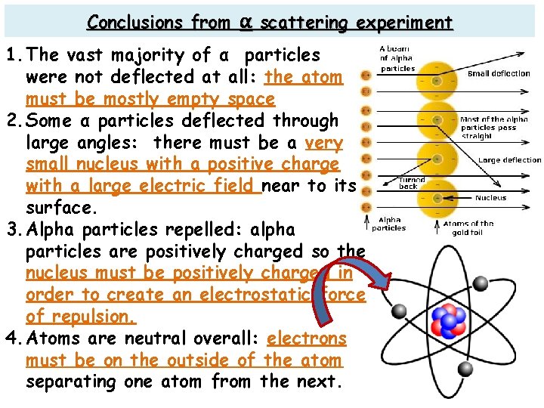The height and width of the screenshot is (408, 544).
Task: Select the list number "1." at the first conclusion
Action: pyautogui.click(x=13, y=55)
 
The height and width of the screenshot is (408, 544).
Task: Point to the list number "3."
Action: pyautogui.click(x=13, y=230)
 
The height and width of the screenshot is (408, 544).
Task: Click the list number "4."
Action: pyautogui.click(x=13, y=338)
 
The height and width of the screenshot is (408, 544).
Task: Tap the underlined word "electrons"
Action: pyautogui.click(x=306, y=338)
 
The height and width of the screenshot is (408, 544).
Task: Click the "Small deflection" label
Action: pyautogui.click(x=499, y=74)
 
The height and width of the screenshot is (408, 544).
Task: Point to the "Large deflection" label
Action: pyautogui.click(x=510, y=160)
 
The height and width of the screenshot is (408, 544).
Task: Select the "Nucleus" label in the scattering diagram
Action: pyautogui.click(x=491, y=198)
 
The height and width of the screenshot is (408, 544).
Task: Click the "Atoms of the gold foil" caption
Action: pyautogui.click(x=468, y=227)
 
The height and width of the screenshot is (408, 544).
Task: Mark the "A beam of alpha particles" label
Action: pyautogui.click(x=397, y=58)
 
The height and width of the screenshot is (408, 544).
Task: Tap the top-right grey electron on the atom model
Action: pyautogui.click(x=480, y=283)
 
